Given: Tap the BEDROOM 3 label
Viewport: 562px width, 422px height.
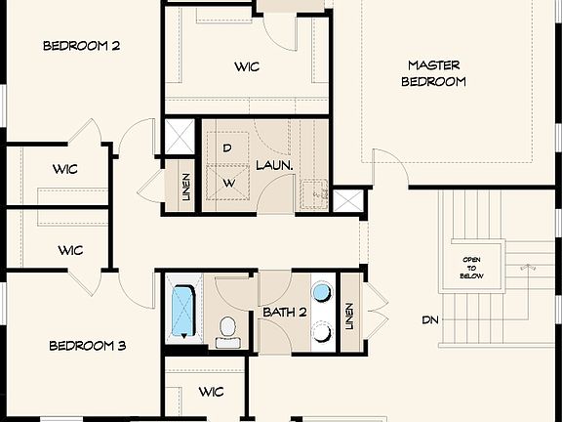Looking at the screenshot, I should coord(88,346).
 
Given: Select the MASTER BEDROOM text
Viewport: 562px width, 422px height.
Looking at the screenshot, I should coord(433,73).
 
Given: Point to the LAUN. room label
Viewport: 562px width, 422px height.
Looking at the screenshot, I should coord(274,167).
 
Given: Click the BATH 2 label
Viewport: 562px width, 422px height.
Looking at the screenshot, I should coord(285,313).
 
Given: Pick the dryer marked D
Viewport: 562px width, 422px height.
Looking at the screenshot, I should coord(227,148).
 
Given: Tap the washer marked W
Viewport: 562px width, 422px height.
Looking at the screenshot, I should coord(228,183).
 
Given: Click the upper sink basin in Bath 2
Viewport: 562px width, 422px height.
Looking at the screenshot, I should coord(321,293).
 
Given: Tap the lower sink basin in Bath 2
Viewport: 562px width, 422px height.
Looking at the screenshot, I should coord(321,331).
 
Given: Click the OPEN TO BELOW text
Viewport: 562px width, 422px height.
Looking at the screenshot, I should coord(472,268).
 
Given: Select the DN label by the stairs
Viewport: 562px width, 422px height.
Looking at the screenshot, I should coord(430,319).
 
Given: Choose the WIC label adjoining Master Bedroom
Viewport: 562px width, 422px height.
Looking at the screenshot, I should coord(247,67).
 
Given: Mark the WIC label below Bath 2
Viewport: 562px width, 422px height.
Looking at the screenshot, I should coord(212,392).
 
